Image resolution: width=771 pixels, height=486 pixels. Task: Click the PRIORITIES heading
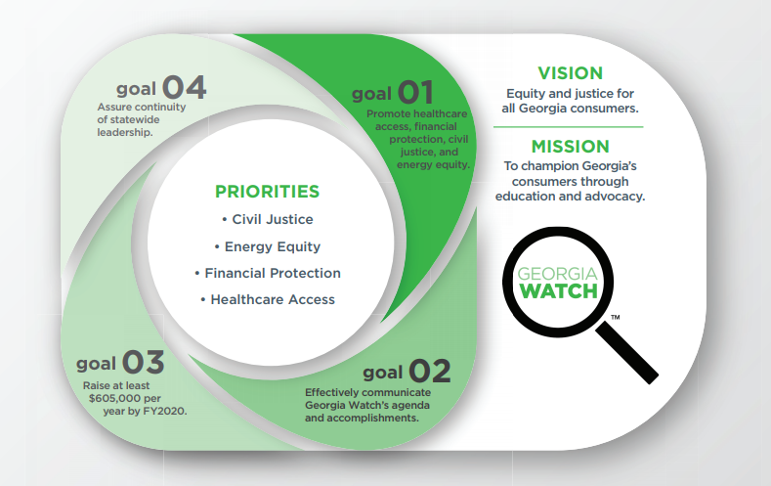click(x=267, y=192)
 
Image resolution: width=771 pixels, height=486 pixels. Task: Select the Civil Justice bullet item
click(x=268, y=219)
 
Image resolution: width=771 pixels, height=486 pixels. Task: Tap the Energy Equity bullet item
click(x=268, y=246)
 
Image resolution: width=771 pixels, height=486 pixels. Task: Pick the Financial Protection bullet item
click(x=268, y=273)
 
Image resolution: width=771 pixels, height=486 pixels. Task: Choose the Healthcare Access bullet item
click(x=268, y=299)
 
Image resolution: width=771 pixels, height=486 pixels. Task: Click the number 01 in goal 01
click(x=415, y=93)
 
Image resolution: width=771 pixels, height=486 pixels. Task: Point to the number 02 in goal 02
click(x=429, y=371)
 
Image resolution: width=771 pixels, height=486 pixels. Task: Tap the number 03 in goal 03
click(x=143, y=362)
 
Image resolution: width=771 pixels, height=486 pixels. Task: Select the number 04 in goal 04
click(x=184, y=88)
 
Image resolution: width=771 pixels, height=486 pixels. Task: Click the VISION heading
click(x=570, y=73)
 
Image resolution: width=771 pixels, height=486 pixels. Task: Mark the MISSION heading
click(x=570, y=147)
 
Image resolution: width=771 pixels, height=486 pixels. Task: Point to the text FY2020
click(x=165, y=411)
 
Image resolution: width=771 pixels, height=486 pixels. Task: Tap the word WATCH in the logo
click(x=558, y=291)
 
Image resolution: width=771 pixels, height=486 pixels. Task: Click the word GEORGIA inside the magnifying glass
click(x=558, y=274)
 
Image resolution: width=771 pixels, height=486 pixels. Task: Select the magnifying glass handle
click(x=627, y=352)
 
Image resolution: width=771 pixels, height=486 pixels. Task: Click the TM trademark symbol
click(x=615, y=317)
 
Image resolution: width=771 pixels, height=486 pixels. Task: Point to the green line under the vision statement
click(x=569, y=127)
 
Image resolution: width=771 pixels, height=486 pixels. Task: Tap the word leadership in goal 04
click(x=123, y=132)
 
